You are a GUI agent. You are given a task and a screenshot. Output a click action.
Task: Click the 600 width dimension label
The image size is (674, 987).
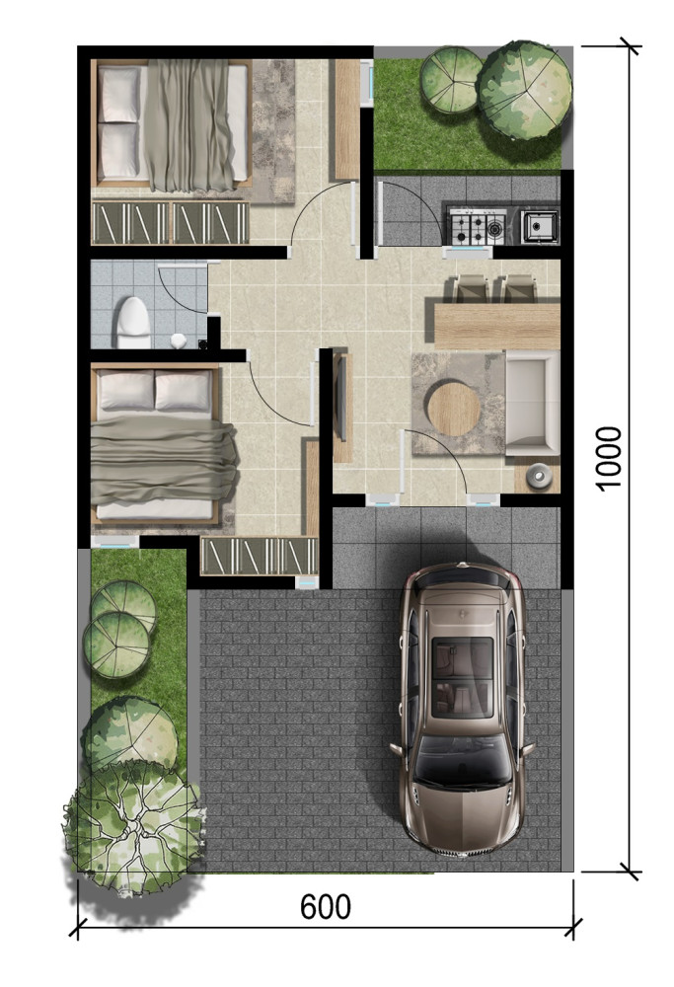click(326, 907)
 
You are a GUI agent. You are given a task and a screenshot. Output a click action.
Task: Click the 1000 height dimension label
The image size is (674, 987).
click(609, 458)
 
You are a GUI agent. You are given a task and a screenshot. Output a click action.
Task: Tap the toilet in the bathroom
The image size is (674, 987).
click(134, 323)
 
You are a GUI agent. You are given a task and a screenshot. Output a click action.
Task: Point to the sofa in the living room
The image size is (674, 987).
click(533, 404)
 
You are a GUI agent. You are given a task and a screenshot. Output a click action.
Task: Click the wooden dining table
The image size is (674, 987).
click(497, 326)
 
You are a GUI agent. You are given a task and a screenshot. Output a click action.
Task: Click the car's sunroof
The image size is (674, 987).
click(463, 677)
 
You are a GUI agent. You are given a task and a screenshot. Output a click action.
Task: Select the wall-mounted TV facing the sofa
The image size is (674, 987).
click(341, 398)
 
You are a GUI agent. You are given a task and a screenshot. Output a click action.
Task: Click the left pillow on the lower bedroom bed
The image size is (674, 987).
click(126, 390)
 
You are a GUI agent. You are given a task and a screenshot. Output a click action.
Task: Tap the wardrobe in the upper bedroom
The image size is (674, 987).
click(170, 223)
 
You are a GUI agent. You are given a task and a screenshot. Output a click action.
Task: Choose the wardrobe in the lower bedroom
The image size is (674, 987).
click(260, 556)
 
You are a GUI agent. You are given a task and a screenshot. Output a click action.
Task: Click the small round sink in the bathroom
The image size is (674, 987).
click(178, 341)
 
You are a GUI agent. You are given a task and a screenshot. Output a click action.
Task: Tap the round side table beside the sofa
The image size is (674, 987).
click(540, 476)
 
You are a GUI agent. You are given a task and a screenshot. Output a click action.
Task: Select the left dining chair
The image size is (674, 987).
click(472, 289)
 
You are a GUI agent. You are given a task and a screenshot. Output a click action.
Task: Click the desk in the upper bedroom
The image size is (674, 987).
click(346, 119)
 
